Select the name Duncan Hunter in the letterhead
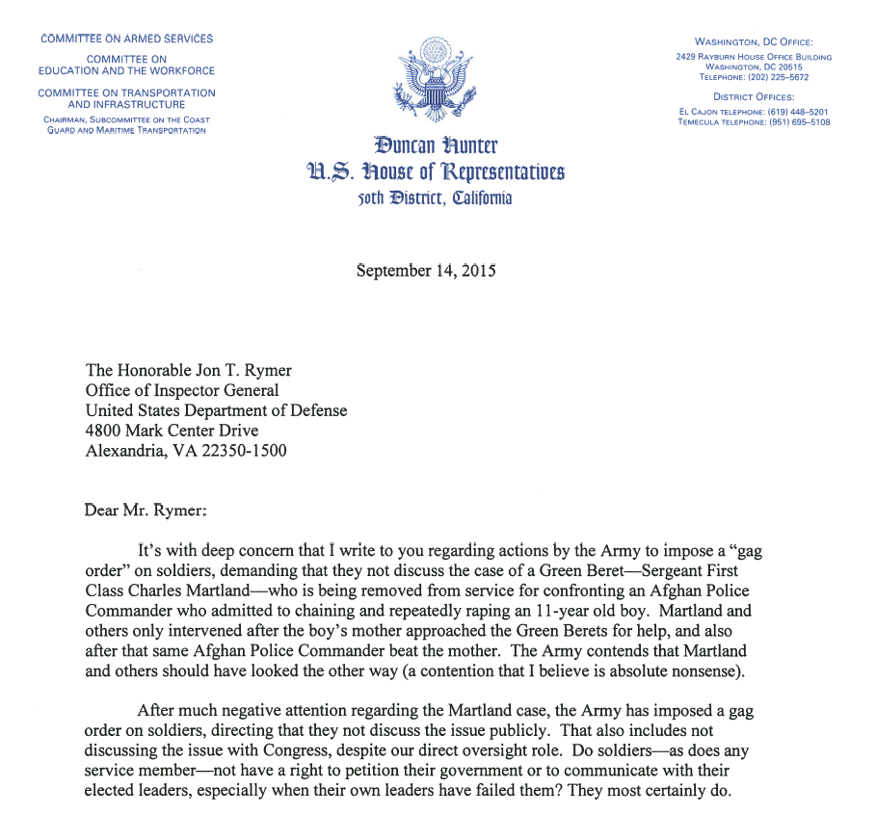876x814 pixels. click(436, 146)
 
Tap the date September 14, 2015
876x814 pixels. click(426, 271)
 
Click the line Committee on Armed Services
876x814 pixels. click(126, 39)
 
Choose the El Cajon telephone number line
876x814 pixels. click(754, 112)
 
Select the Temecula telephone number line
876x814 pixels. click(754, 122)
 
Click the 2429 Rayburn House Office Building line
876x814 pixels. click(754, 57)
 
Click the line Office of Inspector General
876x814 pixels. click(182, 390)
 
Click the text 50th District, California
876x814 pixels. click(436, 198)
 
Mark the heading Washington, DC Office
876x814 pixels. click(754, 41)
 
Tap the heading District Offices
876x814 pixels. click(754, 96)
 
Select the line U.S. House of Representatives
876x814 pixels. click(436, 172)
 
